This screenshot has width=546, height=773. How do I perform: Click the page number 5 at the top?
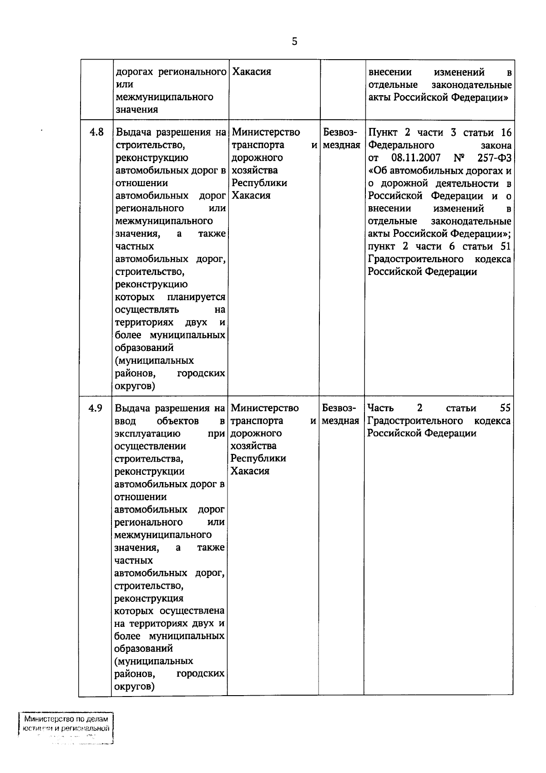pos(294,42)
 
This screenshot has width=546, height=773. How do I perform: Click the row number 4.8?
pos(96,132)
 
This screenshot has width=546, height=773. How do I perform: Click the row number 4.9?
pos(96,408)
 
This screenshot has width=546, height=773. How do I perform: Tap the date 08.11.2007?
pos(415,158)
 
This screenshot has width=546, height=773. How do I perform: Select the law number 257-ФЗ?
pos(495,158)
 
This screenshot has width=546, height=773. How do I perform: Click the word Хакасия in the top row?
pos(252,72)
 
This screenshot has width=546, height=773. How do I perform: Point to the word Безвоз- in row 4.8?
pos(340,132)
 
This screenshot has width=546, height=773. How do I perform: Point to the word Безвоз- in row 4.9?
pos(339,408)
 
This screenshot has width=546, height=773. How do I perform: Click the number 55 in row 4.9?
pos(505,408)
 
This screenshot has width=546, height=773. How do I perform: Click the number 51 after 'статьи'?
pos(506,246)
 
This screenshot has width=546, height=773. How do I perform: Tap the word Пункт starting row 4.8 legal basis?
pos(383,132)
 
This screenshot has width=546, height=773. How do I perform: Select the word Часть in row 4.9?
pos(380,408)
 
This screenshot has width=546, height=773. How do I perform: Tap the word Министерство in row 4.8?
pos(266,132)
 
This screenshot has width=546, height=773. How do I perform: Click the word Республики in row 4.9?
pos(258,458)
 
